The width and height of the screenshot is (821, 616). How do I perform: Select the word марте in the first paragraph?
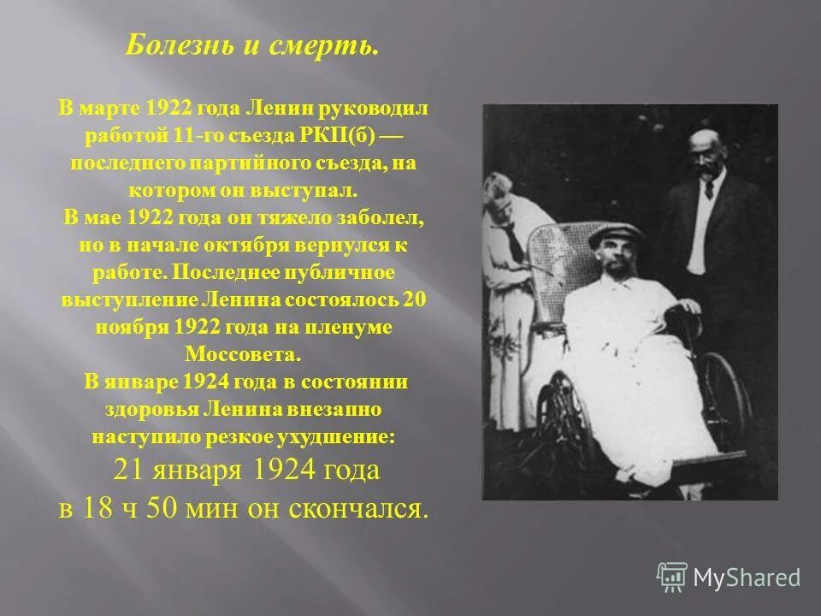point(108,110)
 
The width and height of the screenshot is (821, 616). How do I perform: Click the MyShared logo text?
point(746,577)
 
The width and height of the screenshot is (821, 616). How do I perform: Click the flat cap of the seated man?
point(614,234)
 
